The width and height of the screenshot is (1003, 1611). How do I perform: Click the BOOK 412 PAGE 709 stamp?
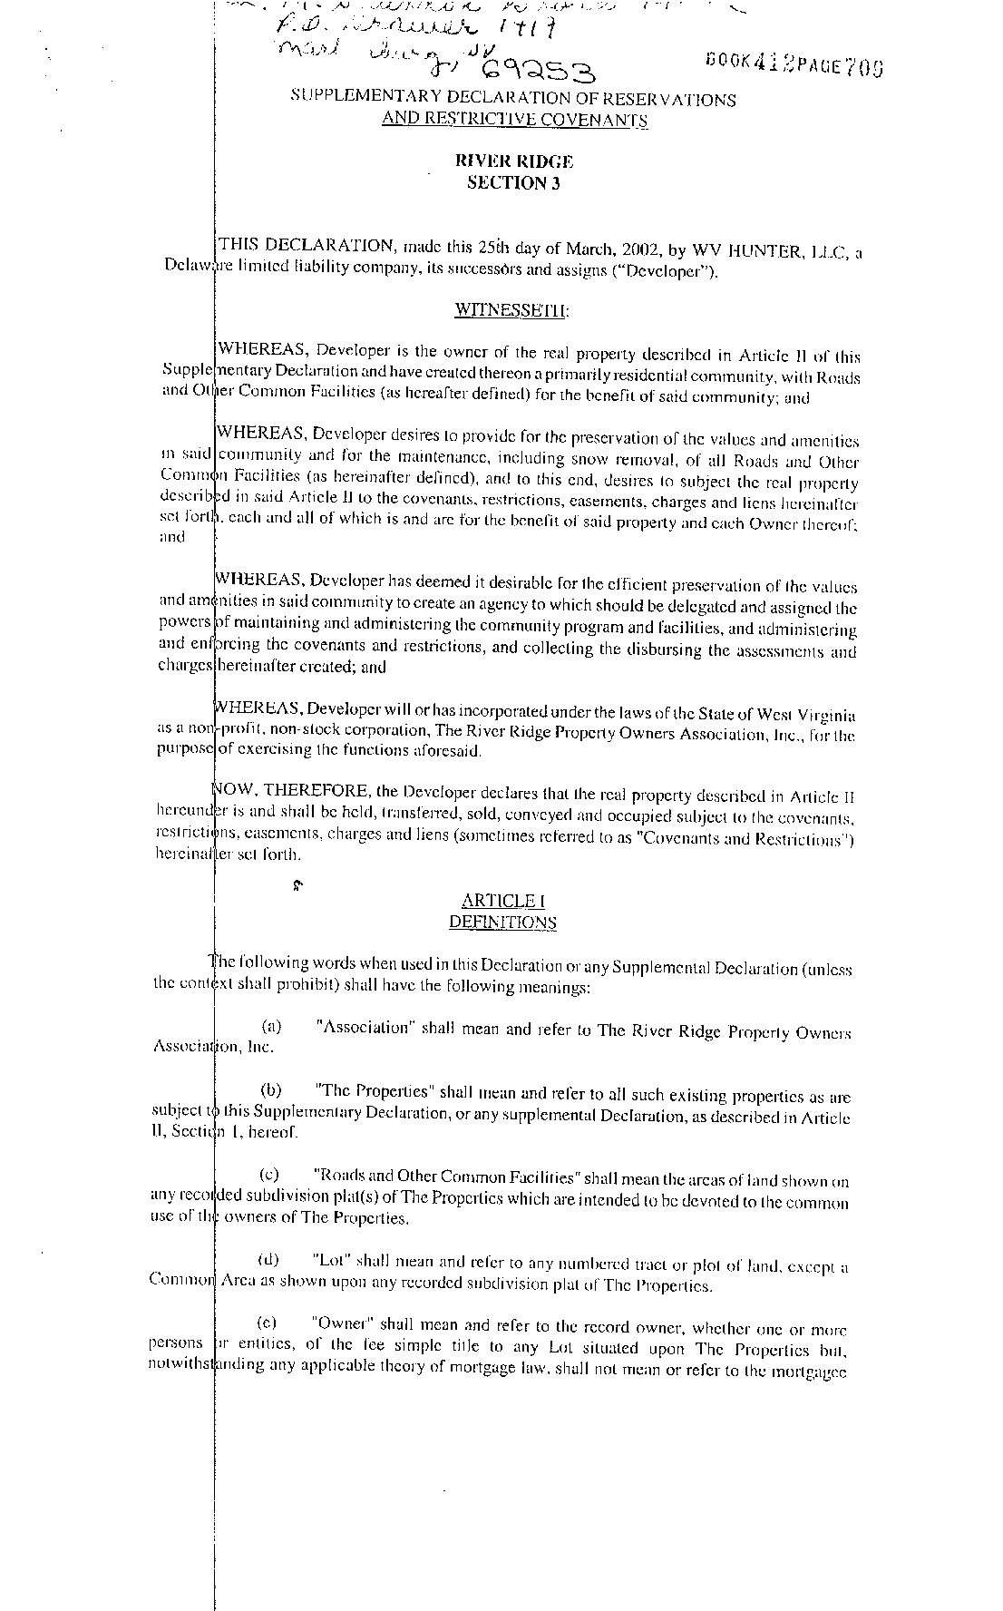794,65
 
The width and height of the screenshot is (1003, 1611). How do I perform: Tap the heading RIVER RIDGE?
514,161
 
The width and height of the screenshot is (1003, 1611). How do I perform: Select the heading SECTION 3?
514,183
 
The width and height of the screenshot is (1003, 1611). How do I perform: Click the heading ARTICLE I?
503,901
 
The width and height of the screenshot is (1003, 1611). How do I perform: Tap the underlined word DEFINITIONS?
503,923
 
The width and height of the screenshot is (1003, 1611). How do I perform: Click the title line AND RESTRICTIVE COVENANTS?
514,120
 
